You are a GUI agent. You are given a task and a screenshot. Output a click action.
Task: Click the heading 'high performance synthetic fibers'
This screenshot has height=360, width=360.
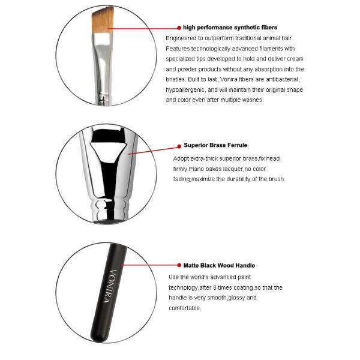click(x=230, y=28)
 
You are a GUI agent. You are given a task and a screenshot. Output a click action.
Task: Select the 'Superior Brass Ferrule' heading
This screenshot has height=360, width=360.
click(x=215, y=145)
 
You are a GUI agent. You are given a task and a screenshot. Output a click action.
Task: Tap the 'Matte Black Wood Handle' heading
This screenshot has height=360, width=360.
click(x=219, y=265)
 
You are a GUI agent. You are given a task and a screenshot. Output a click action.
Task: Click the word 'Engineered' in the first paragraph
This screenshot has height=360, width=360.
click(x=181, y=38)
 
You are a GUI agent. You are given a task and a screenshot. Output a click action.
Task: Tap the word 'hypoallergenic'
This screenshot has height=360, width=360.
click(x=187, y=89)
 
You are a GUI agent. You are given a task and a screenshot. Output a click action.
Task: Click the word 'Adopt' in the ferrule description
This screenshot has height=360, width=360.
click(x=181, y=158)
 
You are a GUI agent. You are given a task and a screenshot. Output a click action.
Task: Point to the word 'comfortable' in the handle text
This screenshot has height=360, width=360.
click(x=185, y=308)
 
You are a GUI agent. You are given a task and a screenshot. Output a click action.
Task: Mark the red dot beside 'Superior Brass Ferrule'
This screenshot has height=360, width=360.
click(x=178, y=145)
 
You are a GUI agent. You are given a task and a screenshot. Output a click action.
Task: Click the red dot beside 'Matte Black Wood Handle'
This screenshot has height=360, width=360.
click(x=178, y=265)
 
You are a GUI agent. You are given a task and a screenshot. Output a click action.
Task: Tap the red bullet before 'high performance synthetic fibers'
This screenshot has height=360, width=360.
click(x=179, y=28)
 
